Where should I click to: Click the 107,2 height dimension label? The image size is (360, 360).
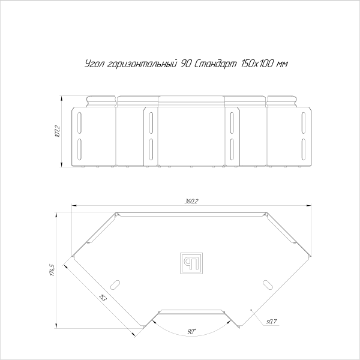(56, 130)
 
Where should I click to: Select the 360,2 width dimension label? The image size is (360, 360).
(192, 201)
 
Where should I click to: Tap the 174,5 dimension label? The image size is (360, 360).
(53, 270)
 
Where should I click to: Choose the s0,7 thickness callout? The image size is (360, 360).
(270, 322)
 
